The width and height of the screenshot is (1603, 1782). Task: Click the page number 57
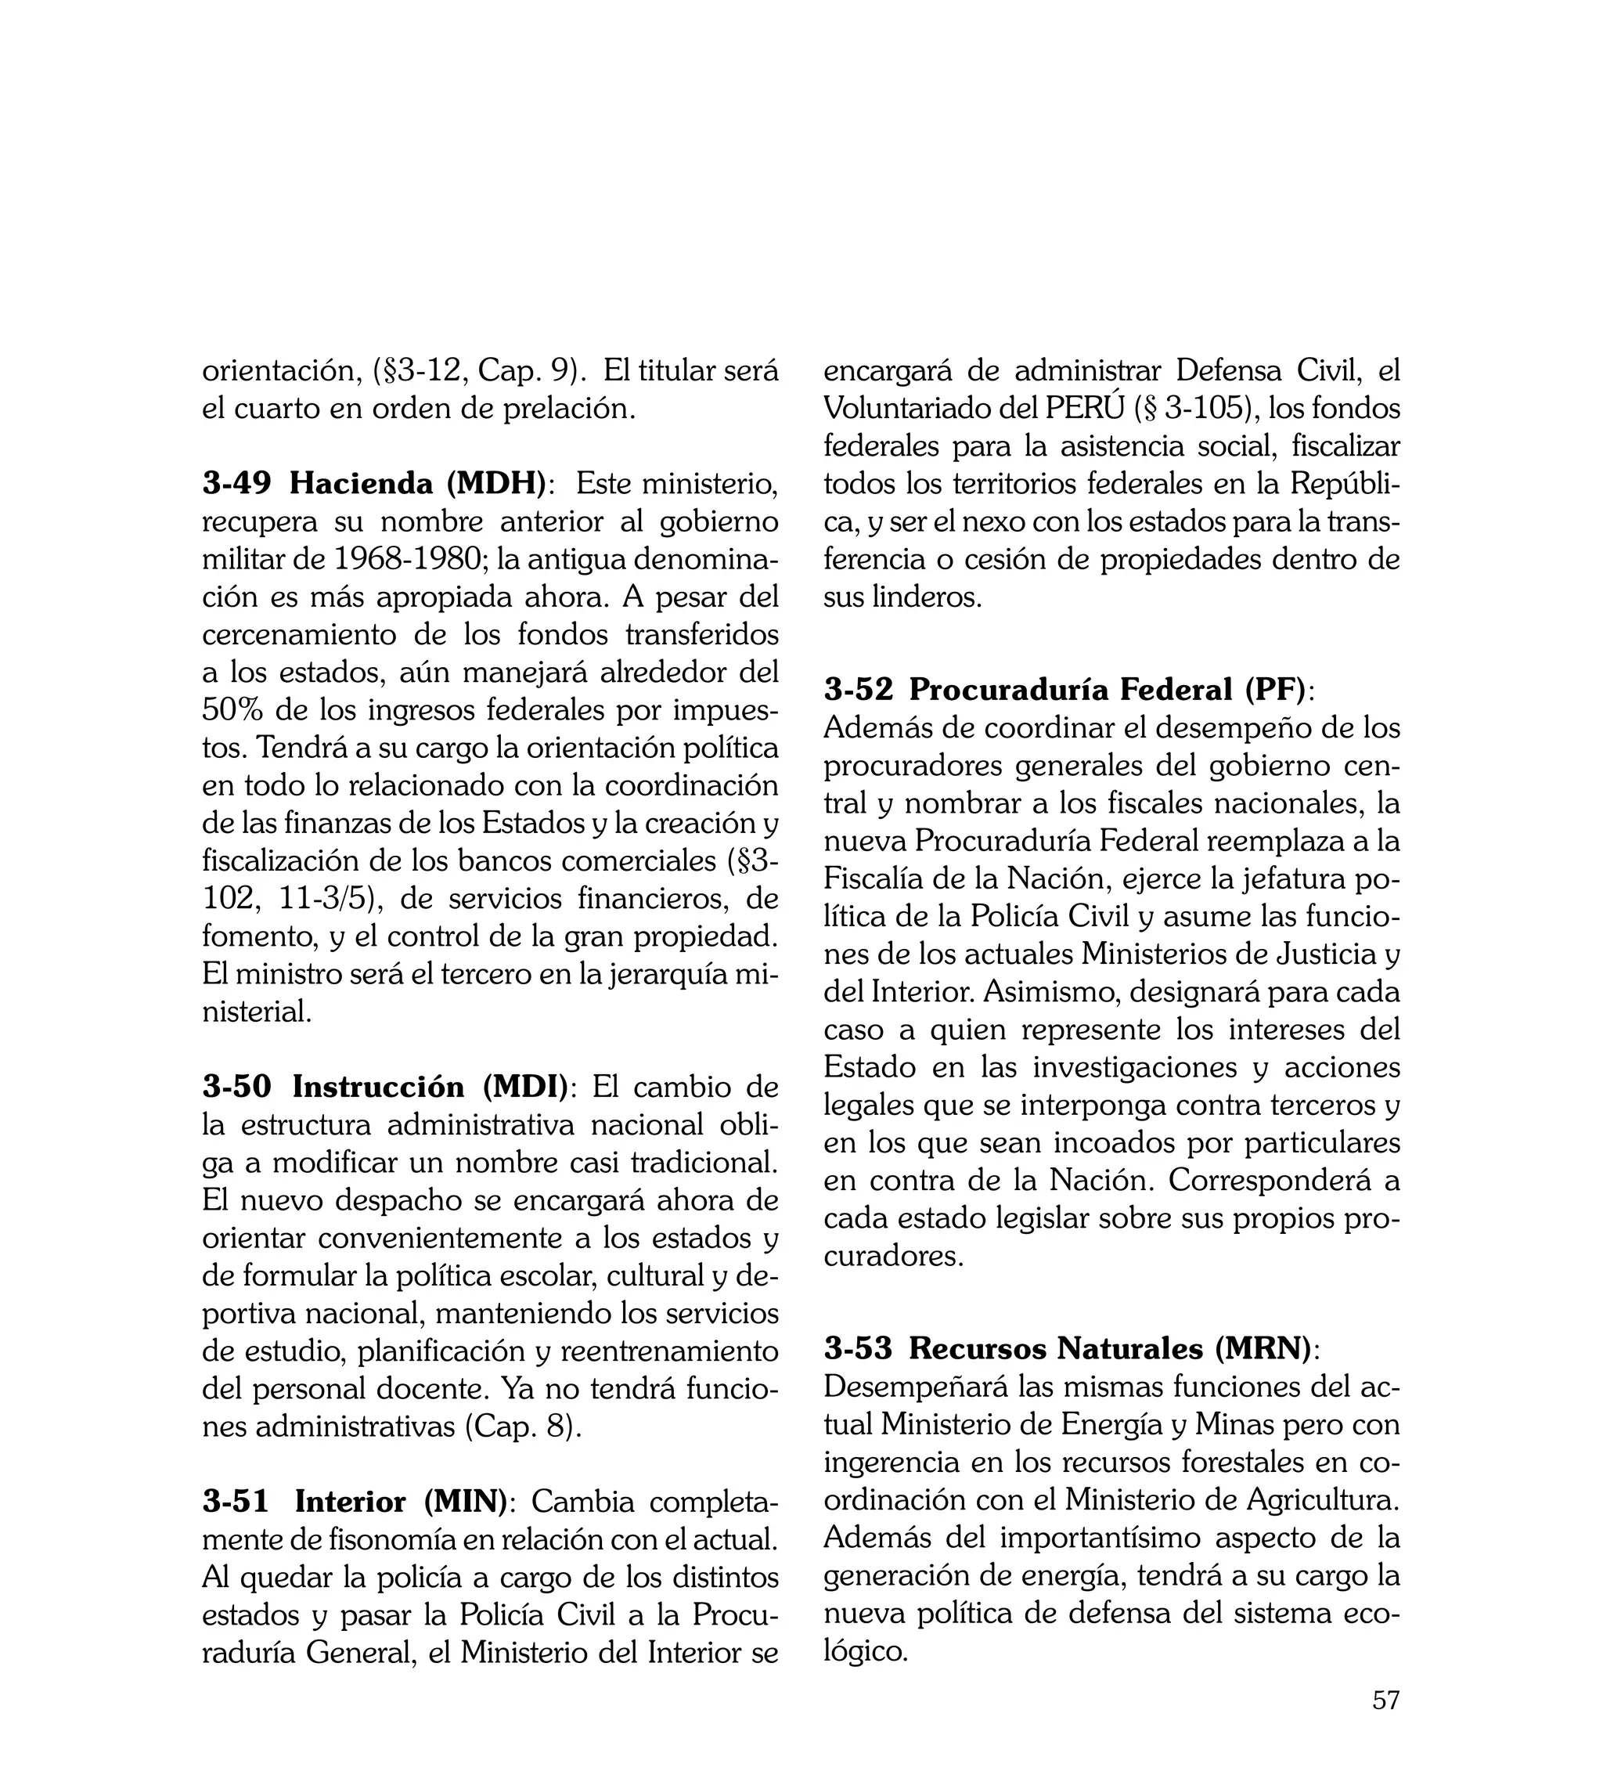pyautogui.click(x=1385, y=1724)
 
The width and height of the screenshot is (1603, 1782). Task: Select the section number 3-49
pyautogui.click(x=236, y=484)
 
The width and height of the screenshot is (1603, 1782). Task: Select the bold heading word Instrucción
pyautogui.click(x=379, y=1087)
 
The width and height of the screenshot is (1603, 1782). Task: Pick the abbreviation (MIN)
pyautogui.click(x=466, y=1501)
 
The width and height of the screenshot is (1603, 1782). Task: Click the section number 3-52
pyautogui.click(x=858, y=690)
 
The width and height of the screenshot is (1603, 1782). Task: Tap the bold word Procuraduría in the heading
pyautogui.click(x=1007, y=690)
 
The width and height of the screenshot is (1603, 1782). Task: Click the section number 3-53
pyautogui.click(x=858, y=1347)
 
